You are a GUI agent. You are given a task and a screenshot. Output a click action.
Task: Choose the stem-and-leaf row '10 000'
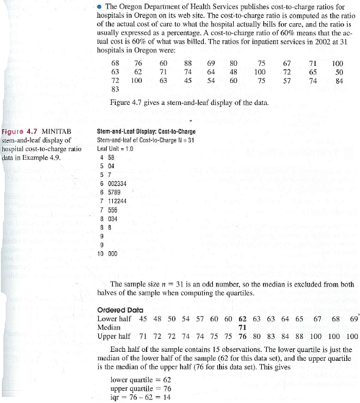click(107, 253)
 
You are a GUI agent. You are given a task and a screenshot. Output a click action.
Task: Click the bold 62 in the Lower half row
click(242, 318)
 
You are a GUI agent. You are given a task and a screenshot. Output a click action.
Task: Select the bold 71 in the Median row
click(242, 327)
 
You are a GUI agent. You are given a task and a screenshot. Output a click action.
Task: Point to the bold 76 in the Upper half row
click(242, 336)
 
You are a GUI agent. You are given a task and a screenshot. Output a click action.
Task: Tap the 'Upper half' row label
click(113, 336)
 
